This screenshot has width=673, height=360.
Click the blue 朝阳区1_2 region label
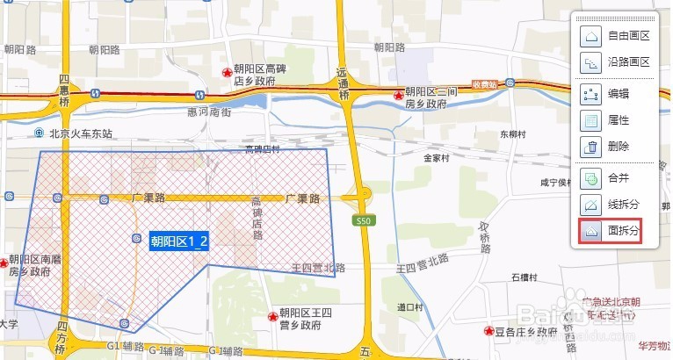(x=179, y=242)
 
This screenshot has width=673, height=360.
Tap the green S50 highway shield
(x=362, y=220)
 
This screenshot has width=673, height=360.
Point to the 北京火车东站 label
(x=81, y=133)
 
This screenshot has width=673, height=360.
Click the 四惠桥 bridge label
(x=63, y=91)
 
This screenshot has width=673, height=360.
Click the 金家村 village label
(x=436, y=159)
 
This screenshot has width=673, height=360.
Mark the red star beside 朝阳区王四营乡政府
(x=272, y=315)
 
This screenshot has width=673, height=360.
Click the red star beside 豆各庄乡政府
(x=488, y=332)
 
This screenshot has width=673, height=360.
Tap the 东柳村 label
(x=511, y=134)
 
